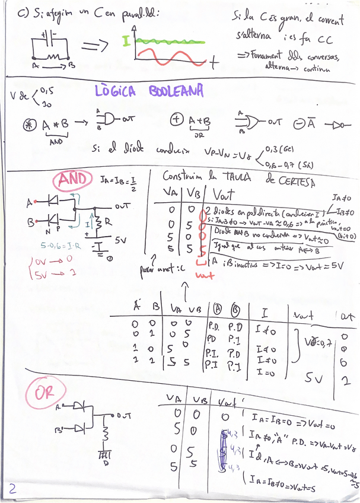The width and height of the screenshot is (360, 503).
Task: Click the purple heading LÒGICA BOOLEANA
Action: point(149,91)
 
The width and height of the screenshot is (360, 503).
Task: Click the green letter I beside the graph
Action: point(126,42)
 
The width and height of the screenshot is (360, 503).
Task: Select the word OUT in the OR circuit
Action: point(123,415)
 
